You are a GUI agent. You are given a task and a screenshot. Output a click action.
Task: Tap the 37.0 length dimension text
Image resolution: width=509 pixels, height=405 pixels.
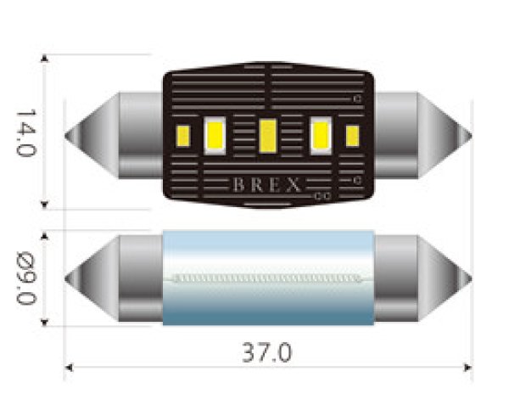tap(268, 352)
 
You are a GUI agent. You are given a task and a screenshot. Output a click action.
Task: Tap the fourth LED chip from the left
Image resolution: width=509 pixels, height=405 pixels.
tap(322, 133)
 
